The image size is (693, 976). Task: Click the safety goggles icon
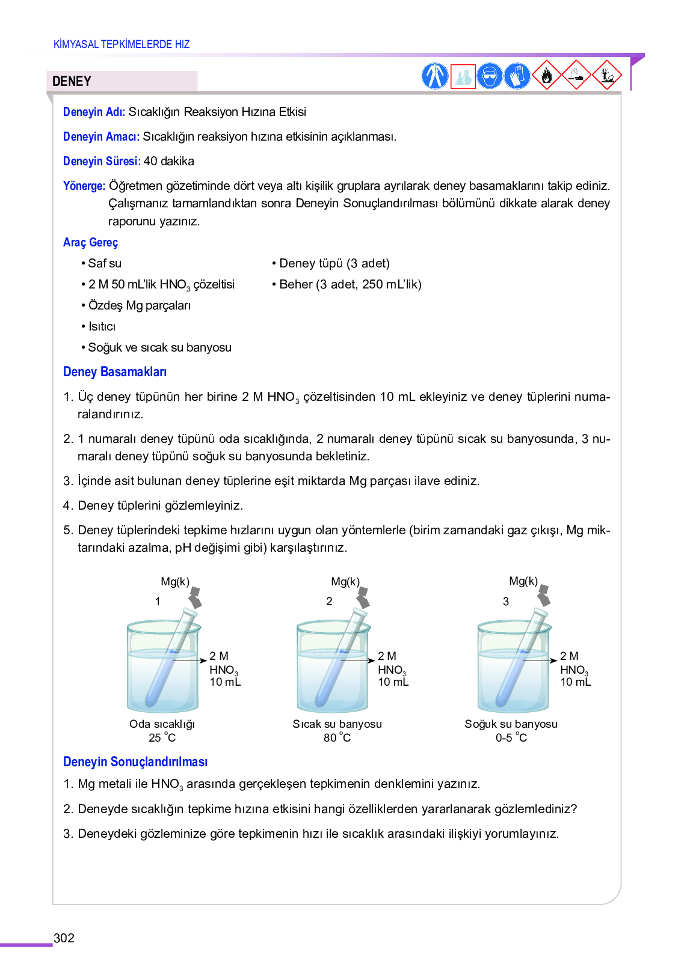point(490,76)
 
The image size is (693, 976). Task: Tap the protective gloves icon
point(517,76)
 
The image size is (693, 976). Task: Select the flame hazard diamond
point(546,75)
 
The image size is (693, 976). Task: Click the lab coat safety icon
point(434,76)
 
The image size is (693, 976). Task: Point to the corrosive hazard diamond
point(576,75)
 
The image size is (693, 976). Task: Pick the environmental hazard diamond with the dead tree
point(606,75)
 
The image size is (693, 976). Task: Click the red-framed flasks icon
point(463,76)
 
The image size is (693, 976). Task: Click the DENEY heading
point(72,81)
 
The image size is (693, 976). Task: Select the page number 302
point(64,938)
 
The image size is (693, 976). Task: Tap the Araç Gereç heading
point(90,242)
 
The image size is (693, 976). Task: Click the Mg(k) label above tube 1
point(175,581)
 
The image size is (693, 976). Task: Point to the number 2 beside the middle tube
point(329,601)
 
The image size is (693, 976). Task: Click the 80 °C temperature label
point(337,737)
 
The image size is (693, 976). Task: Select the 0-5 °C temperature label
point(511,737)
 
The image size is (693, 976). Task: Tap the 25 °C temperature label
point(162,737)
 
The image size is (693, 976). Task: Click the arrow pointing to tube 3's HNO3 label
point(541,660)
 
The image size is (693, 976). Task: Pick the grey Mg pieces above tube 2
point(363,597)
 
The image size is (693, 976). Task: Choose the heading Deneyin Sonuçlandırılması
point(135,761)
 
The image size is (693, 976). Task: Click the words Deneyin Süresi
point(102,161)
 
